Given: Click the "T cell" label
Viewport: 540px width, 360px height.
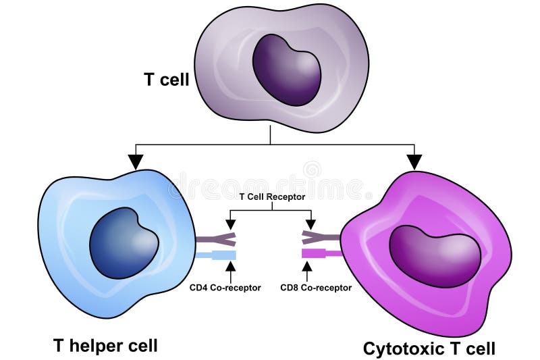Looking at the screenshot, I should [166, 79].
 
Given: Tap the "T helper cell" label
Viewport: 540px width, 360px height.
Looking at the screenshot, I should [105, 346].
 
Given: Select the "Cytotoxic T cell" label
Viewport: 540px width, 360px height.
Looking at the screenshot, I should [429, 349].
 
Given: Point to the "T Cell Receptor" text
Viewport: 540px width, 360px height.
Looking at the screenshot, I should [272, 197].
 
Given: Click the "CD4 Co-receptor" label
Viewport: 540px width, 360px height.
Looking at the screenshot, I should [225, 287].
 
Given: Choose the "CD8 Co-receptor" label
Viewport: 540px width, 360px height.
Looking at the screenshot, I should [316, 287].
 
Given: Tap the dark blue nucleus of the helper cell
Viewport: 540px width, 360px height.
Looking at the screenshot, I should [124, 242].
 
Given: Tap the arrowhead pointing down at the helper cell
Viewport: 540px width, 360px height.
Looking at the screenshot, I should [136, 161].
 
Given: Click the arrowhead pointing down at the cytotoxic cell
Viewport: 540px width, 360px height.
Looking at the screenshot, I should [414, 161].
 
